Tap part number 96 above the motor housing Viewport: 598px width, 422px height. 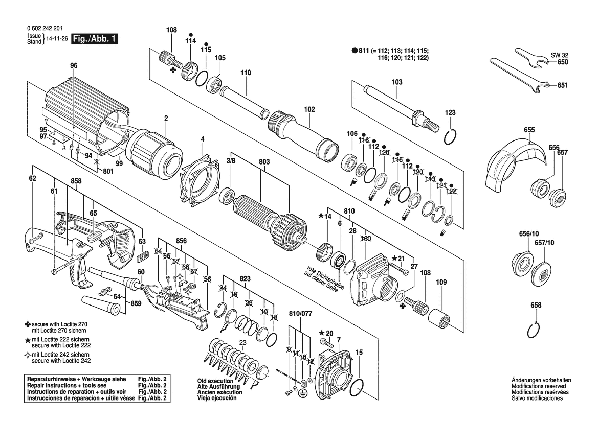(x=74, y=65)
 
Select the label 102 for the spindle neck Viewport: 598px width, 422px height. (x=309, y=109)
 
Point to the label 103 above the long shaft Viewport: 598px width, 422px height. (x=396, y=82)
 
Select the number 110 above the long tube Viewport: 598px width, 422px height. (x=246, y=73)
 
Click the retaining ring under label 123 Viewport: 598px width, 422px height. (x=450, y=137)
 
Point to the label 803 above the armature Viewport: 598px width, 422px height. (x=264, y=162)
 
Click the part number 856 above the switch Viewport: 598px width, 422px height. (x=181, y=241)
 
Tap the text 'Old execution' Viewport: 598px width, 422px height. (x=215, y=381)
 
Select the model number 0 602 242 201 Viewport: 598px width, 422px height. (x=45, y=28)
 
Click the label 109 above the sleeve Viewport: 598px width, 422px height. (x=441, y=282)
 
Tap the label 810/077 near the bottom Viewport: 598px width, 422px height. (x=300, y=314)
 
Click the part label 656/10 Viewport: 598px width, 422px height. (x=529, y=233)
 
